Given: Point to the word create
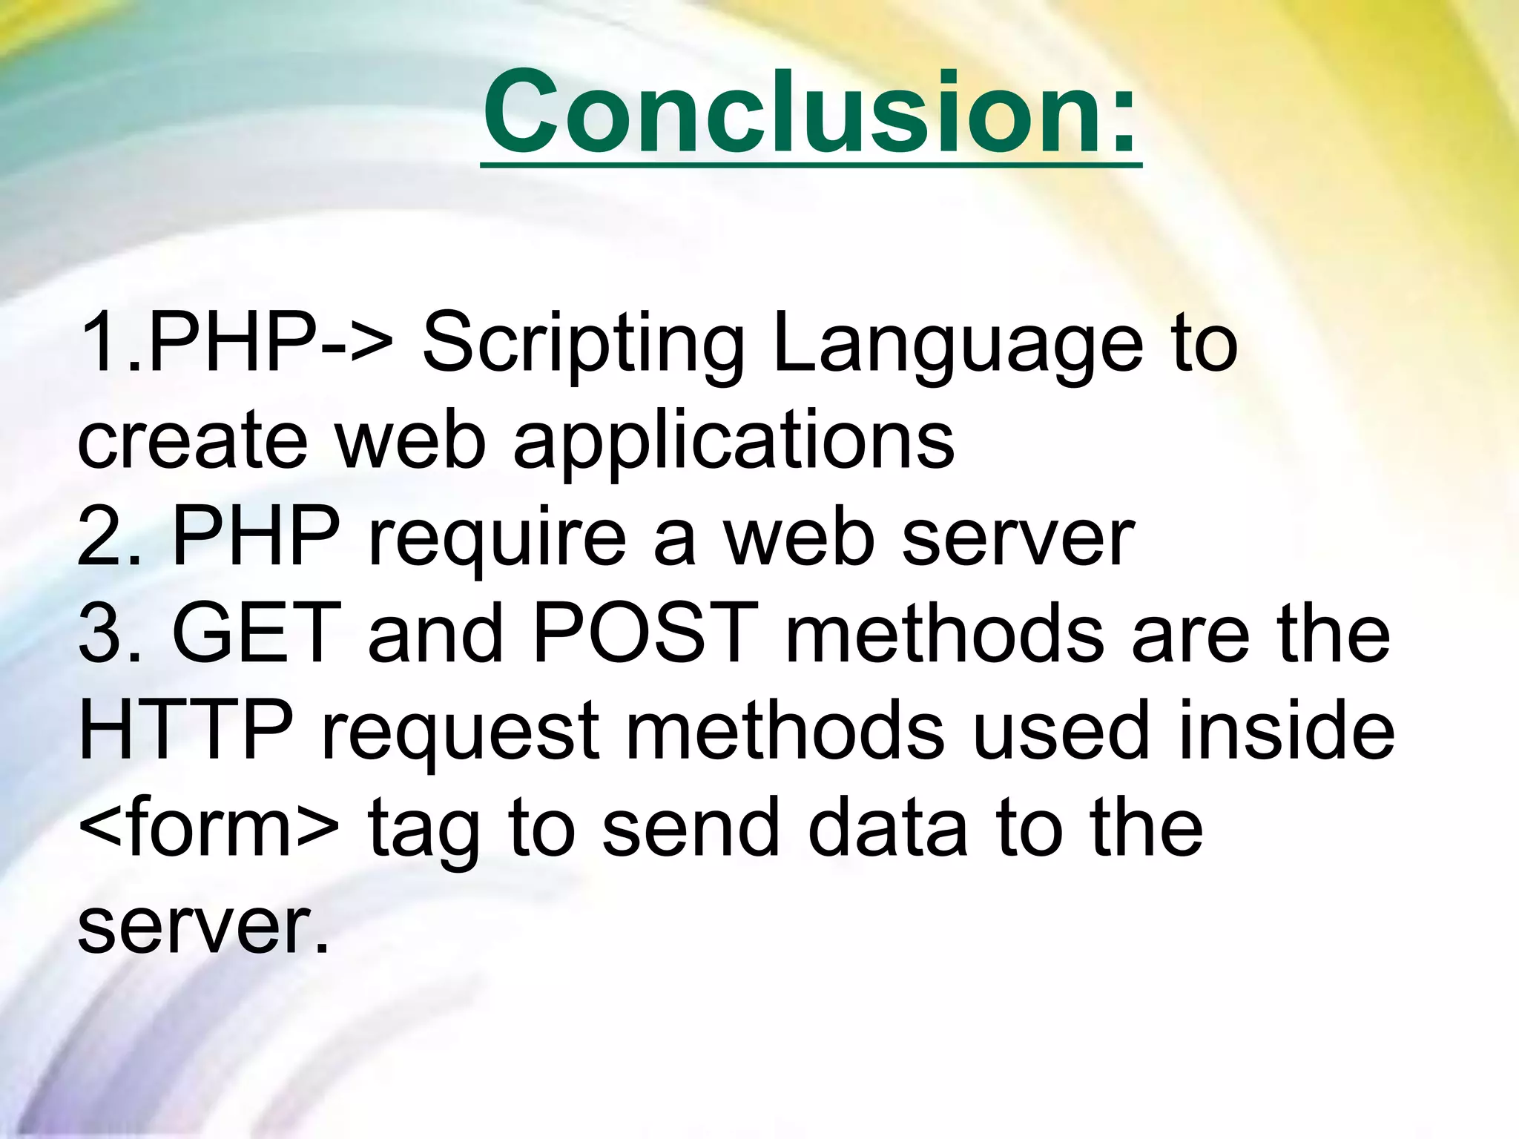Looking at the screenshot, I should click(x=192, y=440).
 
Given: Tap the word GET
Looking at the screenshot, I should click(x=257, y=634).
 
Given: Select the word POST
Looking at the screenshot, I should click(x=645, y=634).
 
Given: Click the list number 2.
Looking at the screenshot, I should click(x=100, y=538).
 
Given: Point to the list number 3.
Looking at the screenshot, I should click(x=100, y=634).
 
